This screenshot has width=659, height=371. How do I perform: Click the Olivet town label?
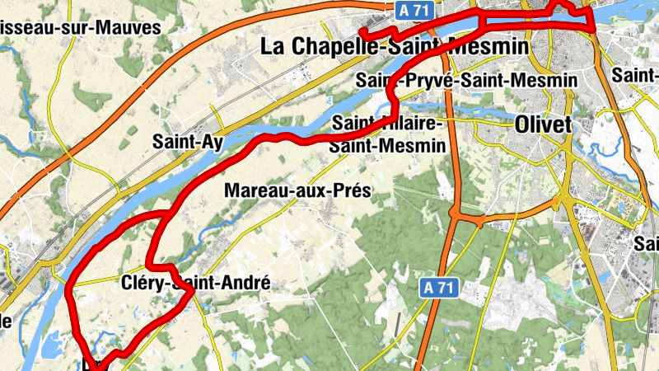pos(542,124)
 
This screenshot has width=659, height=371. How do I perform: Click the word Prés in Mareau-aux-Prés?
pos(349,191)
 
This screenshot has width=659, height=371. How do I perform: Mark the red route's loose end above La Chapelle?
pos(361,32)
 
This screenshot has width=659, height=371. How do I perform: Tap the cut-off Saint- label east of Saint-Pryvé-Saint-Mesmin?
pos(636,76)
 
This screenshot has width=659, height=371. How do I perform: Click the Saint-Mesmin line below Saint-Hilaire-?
pos(387,144)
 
